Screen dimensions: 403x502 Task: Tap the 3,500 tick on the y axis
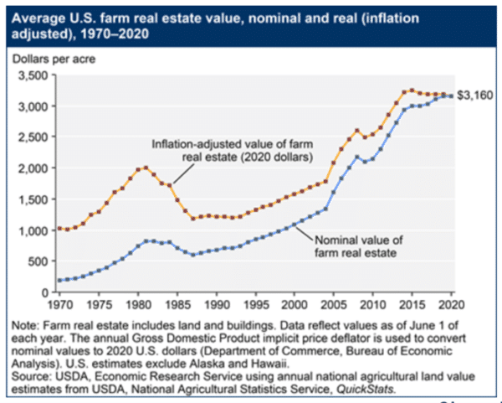pyautogui.click(x=33, y=76)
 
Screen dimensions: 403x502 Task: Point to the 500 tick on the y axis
pyautogui.click(x=38, y=262)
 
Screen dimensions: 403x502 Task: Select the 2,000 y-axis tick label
pyautogui.click(x=33, y=169)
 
